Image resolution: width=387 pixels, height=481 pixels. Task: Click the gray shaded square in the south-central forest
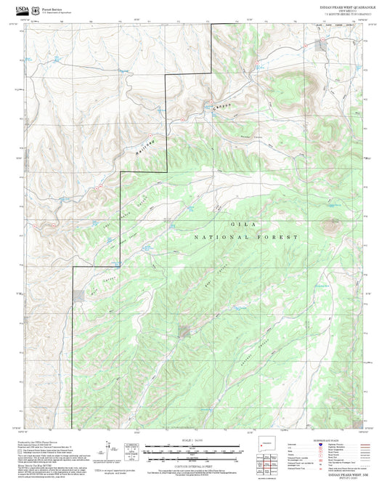coord(184,331)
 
